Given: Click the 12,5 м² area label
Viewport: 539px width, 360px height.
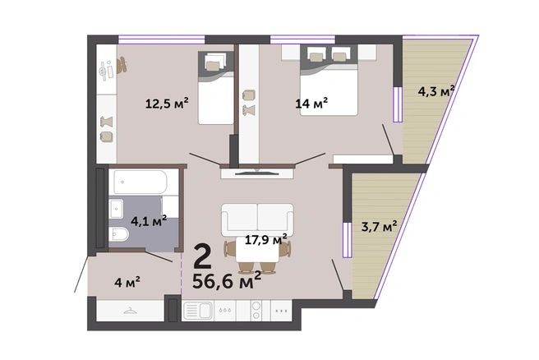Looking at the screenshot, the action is (167, 103).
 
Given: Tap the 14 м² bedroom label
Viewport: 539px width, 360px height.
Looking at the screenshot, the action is (311, 103).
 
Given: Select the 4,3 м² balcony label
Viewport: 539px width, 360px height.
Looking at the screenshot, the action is (436, 90).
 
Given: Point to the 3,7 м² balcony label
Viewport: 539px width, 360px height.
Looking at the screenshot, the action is (379, 226).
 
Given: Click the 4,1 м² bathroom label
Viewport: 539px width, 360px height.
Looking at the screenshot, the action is (149, 220).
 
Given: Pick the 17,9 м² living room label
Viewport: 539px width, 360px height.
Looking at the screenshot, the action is (265, 239).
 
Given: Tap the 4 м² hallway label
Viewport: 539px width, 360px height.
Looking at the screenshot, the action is (127, 282).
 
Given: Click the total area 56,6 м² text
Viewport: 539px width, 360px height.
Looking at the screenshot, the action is (227, 280).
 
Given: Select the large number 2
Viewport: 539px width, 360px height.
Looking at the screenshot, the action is (202, 256).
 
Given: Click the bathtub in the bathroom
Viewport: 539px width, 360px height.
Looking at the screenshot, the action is (141, 182).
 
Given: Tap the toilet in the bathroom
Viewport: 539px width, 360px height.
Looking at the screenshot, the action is (119, 234).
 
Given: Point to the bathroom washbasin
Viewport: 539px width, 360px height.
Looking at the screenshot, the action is (116, 209).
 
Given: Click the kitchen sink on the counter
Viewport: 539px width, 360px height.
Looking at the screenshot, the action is (198, 311).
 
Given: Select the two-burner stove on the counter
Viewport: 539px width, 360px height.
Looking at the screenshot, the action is (256, 310).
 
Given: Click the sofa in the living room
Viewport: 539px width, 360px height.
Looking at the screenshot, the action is (257, 220).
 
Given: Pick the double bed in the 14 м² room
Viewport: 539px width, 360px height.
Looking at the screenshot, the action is (329, 80).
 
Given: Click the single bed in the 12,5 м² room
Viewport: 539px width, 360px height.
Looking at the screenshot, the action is (216, 88).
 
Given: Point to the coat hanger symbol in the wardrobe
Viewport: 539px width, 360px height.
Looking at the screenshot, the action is (131, 311).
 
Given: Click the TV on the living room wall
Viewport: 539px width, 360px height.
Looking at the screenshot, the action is (257, 173).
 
